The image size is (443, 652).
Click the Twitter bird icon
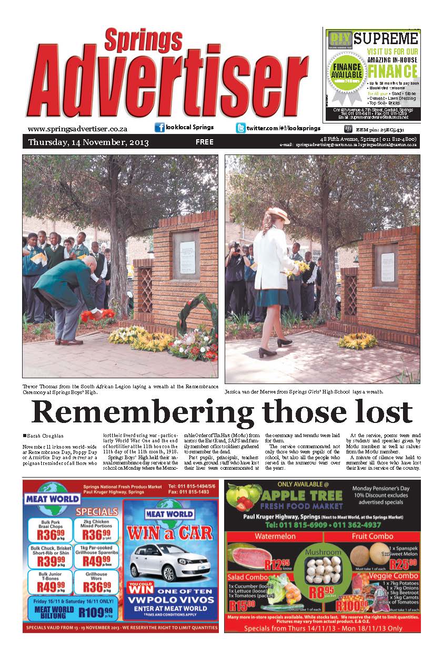(240, 128)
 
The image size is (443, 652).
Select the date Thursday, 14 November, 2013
(88, 142)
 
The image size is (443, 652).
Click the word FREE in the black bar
(204, 142)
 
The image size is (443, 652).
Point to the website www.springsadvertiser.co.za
(77, 129)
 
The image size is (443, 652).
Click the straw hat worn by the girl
(277, 214)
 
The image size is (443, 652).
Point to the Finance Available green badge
(346, 70)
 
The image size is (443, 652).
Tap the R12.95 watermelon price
(277, 565)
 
